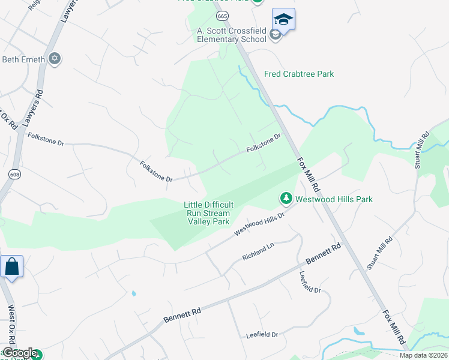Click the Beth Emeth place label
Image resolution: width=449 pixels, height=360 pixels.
[24, 59]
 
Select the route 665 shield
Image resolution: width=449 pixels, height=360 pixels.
[223, 16]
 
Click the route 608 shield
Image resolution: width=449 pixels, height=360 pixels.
[14, 174]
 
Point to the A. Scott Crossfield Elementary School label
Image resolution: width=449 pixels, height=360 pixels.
[232, 35]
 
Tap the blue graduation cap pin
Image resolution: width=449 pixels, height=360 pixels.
[283, 19]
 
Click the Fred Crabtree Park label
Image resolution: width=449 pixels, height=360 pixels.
[299, 74]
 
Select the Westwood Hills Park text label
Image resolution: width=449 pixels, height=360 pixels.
[334, 199]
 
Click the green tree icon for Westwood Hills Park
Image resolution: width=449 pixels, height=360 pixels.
[286, 198]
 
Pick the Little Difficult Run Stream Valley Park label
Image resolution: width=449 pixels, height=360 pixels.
[207, 213]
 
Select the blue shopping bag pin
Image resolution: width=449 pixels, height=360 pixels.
[12, 266]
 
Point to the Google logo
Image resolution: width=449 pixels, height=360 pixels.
[19, 353]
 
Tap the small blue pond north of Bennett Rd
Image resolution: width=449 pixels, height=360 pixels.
[133, 294]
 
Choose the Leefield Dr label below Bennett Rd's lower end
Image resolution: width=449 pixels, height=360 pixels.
[262, 335]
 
